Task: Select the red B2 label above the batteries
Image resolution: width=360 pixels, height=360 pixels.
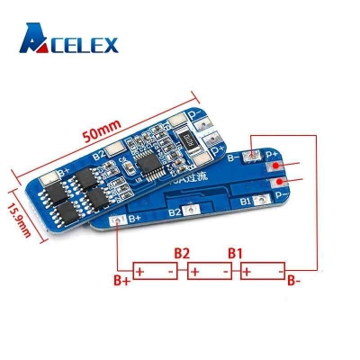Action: click(x=180, y=253)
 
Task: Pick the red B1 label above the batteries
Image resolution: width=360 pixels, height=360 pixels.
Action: click(x=234, y=253)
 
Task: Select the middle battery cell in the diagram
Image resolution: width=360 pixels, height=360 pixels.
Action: click(x=208, y=271)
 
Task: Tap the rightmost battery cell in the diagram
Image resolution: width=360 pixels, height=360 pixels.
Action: click(x=262, y=271)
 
